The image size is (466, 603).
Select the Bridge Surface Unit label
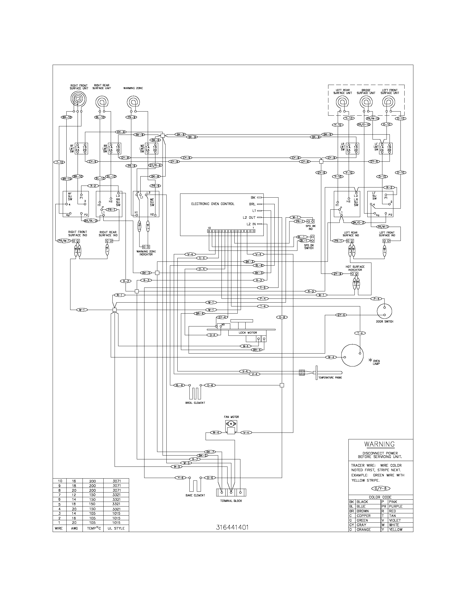coord(366,92)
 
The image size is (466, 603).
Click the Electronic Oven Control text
coord(212,204)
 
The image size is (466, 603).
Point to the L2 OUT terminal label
coord(249,217)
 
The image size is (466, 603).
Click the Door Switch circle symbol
coord(384,310)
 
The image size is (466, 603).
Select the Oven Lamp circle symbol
coord(352,355)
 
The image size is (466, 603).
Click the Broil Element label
coord(195,403)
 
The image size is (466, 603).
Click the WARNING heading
coord(379,444)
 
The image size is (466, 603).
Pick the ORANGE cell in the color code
coord(364,530)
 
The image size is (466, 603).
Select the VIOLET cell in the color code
coord(395,520)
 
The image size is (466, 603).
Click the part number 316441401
coord(232,527)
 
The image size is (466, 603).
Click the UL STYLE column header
coord(116,528)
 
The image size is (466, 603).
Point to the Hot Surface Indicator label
coord(355,268)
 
